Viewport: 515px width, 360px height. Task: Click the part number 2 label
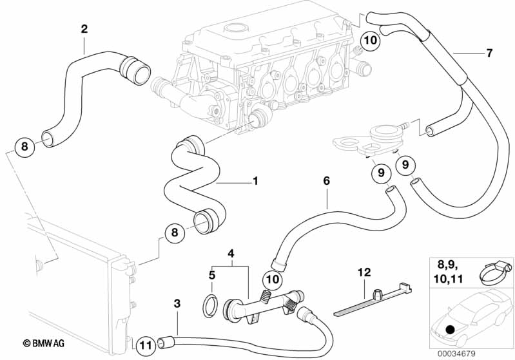pyautogui.click(x=84, y=28)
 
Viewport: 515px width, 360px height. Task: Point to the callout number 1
pyautogui.click(x=255, y=181)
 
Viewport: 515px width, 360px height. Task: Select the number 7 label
pyautogui.click(x=489, y=53)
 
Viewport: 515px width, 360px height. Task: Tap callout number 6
pyautogui.click(x=326, y=181)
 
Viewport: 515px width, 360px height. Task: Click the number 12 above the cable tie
pyautogui.click(x=364, y=272)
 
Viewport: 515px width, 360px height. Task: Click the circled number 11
pyautogui.click(x=146, y=345)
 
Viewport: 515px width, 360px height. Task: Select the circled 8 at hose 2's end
pyautogui.click(x=24, y=147)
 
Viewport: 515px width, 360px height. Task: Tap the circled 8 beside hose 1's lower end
pyautogui.click(x=174, y=234)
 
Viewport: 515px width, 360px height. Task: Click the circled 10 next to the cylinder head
pyautogui.click(x=369, y=40)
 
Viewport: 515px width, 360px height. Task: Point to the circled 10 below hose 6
pyautogui.click(x=273, y=279)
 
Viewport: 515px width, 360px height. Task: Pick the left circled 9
pyautogui.click(x=381, y=173)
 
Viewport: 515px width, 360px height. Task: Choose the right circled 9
pyautogui.click(x=406, y=165)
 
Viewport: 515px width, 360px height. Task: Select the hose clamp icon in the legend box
pyautogui.click(x=492, y=277)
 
